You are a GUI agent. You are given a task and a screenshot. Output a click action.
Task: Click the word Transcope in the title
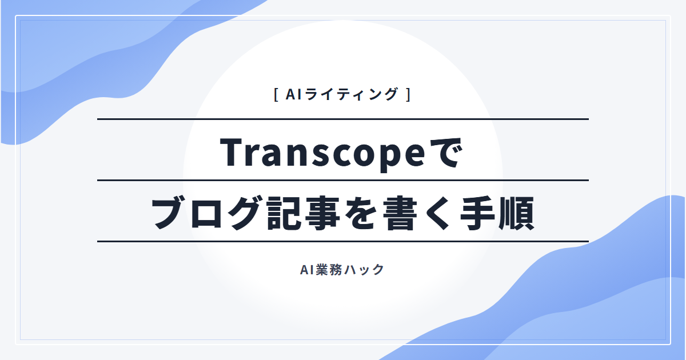click(x=322, y=154)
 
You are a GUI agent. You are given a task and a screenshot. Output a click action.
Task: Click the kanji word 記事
click(x=304, y=213)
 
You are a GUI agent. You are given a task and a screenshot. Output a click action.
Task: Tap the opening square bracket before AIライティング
click(x=276, y=95)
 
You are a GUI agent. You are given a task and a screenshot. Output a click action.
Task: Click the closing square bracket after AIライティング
click(x=408, y=95)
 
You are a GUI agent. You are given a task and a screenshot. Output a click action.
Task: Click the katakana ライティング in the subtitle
click(x=351, y=94)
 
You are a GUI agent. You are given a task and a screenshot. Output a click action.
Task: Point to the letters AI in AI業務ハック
click(x=307, y=270)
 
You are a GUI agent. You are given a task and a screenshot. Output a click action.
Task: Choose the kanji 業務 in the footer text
click(x=329, y=270)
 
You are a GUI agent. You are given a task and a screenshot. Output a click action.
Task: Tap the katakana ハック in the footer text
click(x=364, y=270)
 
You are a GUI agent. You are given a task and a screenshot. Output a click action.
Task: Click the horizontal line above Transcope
click(x=343, y=119)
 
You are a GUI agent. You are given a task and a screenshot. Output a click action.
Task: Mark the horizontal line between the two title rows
click(x=343, y=181)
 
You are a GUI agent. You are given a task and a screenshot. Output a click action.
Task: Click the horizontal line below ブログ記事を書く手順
click(x=343, y=242)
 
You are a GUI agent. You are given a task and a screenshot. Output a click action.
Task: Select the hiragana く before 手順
click(x=439, y=213)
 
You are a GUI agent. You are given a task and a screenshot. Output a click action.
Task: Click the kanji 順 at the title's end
click(x=517, y=213)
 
